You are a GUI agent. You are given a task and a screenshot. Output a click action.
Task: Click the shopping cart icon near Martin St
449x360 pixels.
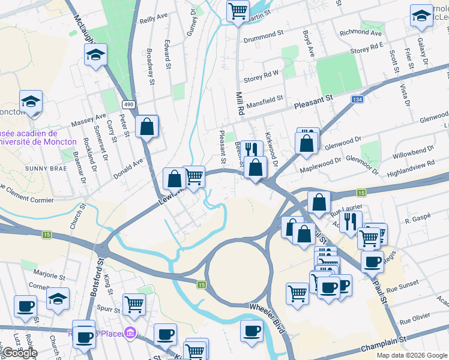pyautogui.click(x=238, y=11)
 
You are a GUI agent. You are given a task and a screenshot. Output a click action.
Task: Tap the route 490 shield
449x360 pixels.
pyautogui.click(x=128, y=104)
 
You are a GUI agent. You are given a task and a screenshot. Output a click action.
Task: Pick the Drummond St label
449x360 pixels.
pyautogui.click(x=263, y=35)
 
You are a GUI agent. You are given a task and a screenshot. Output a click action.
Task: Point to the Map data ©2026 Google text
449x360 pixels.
pyautogui.click(x=411, y=355)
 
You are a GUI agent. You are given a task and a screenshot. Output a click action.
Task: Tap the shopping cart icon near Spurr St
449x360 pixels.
pyautogui.click(x=134, y=304)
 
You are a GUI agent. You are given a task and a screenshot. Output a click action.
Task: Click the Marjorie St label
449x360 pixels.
pyautogui.click(x=49, y=276)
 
